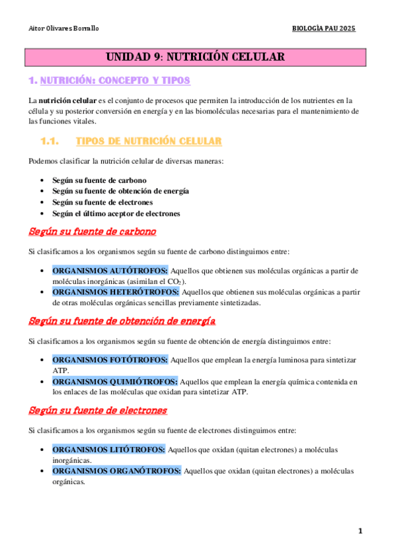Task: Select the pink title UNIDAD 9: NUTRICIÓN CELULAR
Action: pos(196,57)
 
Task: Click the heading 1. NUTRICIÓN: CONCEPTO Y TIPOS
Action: pos(109,81)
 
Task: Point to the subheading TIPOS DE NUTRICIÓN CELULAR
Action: pos(149,141)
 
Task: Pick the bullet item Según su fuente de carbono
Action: pos(99,180)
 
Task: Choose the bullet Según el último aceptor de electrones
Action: pos(116,213)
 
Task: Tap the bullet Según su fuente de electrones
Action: pos(102,202)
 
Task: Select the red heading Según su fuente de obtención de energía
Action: pos(122,321)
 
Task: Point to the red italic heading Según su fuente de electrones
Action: pos(98,410)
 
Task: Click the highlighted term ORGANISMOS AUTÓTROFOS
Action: pos(110,271)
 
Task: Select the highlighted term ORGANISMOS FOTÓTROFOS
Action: pos(110,360)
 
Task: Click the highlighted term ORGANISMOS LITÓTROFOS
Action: pos(109,450)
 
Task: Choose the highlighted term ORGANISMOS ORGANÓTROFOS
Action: pos(116,471)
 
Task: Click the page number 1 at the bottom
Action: pos(360,531)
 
